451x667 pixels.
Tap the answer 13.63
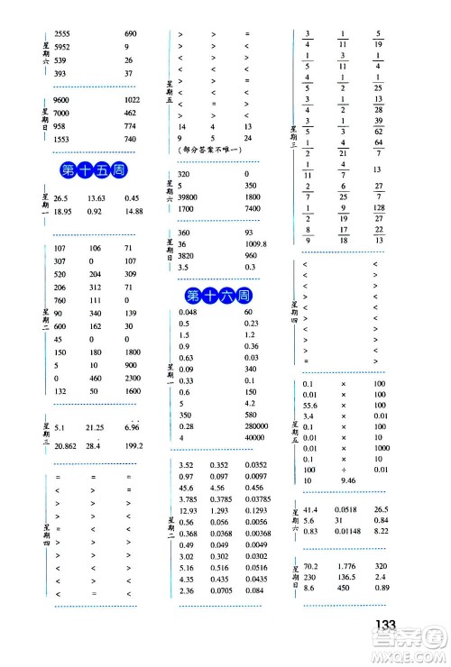98,198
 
